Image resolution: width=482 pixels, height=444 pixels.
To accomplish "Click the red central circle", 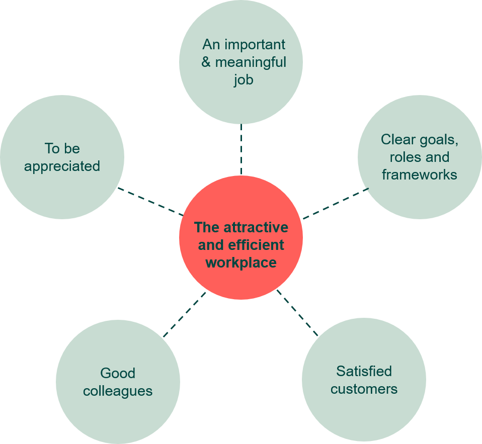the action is point(241,237).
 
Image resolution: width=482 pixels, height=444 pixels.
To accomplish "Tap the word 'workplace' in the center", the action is point(242,263).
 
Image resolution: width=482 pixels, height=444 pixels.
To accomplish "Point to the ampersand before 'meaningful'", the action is point(206,62).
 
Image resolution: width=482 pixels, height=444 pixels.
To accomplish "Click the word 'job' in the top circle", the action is point(244,80).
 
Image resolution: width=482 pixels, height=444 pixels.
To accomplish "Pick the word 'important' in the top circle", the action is point(255,45).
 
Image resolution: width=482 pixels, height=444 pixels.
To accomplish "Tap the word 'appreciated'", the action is point(62,167).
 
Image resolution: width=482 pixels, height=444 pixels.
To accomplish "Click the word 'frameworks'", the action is point(420,174).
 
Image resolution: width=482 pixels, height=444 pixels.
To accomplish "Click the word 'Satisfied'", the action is point(364,371).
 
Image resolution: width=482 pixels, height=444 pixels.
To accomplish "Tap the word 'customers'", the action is point(364,389).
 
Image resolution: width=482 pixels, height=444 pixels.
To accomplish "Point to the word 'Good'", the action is point(118,373).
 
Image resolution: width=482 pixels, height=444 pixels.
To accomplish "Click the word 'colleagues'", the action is point(118,392).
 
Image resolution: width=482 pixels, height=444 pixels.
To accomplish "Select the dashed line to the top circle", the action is point(242,149).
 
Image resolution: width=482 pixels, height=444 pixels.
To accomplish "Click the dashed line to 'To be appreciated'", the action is point(150,201).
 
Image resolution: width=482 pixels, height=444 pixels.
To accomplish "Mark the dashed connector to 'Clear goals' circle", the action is point(336,204).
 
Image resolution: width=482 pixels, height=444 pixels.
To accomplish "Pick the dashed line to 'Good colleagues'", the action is point(185,315).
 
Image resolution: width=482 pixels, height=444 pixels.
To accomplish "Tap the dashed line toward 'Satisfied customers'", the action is point(297,313).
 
